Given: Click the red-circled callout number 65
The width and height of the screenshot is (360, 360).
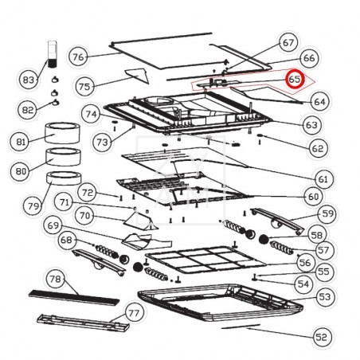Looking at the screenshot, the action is (x=295, y=79).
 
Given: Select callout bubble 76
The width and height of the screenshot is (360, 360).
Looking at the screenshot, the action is (x=78, y=57).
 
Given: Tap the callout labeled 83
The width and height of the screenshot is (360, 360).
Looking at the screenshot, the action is (x=29, y=80).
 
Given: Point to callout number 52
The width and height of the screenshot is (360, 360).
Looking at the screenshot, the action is (x=322, y=337).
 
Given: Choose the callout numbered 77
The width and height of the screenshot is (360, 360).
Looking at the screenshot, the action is (x=134, y=313).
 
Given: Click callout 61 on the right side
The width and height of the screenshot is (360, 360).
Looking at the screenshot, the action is (x=323, y=179).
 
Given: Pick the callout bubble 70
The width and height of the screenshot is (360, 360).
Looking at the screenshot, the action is (x=84, y=215).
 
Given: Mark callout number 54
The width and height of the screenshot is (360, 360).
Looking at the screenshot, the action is (x=303, y=284).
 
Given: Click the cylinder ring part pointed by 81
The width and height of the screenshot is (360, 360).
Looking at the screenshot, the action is (x=62, y=133).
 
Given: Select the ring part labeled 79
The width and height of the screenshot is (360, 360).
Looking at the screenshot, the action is (x=64, y=178).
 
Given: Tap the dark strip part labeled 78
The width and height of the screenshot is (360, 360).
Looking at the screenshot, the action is (x=74, y=298).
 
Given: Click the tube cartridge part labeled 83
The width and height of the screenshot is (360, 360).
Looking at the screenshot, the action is (x=53, y=54).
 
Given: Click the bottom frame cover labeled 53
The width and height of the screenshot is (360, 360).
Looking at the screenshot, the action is (x=221, y=302).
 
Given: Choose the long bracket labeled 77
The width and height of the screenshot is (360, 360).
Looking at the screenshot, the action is (x=83, y=322).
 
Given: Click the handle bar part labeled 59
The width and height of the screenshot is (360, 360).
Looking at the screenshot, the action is (x=277, y=221).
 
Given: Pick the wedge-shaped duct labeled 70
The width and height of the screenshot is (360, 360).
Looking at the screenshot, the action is (x=141, y=221).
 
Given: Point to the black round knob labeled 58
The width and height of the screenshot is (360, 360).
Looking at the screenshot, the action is (x=264, y=239).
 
